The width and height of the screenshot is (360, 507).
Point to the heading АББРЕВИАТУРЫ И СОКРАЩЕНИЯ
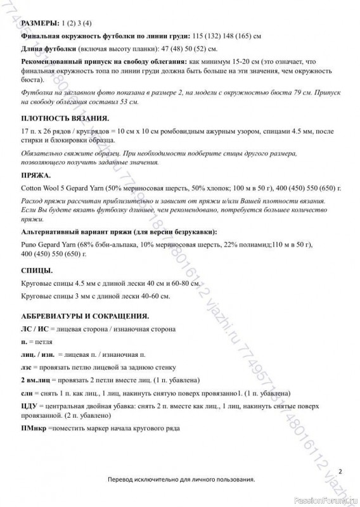[x=85, y=315]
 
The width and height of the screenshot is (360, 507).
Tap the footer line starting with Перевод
[x=181, y=480]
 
